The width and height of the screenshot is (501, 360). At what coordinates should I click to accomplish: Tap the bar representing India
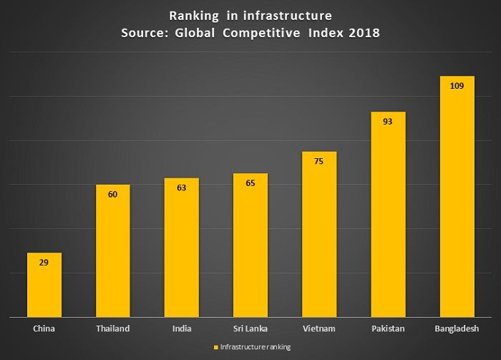coord(181,250)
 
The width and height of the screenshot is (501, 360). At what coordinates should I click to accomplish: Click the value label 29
coord(44,263)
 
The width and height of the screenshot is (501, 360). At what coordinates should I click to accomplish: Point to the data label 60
coord(112,194)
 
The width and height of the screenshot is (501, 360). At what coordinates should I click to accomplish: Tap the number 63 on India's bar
coord(181,188)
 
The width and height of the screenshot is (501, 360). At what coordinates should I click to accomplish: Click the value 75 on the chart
coord(319,162)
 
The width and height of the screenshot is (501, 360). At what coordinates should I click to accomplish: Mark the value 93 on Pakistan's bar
coord(388,122)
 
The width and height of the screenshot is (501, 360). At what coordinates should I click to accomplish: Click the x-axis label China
coord(44,329)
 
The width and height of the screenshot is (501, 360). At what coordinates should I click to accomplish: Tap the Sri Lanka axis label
coord(250,329)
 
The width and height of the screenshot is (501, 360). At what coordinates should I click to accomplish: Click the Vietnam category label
coord(319,329)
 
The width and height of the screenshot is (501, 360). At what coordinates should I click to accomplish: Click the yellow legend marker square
coord(215,347)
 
